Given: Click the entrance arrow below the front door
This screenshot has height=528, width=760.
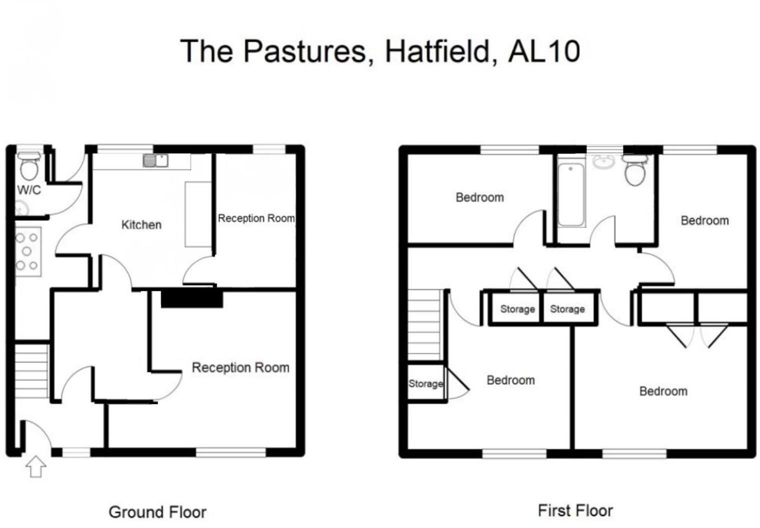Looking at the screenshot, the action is point(35,467).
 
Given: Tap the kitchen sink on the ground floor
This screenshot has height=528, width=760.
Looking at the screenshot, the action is point(155,160).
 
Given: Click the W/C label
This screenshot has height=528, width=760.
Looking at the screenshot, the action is point(29,190).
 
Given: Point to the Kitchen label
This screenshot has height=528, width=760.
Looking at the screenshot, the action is point(141,225).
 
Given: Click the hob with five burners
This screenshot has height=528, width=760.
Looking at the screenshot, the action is point(27,251).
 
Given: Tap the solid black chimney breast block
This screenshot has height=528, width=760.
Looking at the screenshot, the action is point(191,299).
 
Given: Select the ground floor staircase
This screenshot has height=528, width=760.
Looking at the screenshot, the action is point(31,370).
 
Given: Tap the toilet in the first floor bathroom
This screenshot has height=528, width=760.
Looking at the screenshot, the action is point(636,170).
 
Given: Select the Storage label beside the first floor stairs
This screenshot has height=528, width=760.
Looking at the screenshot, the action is point(425,383).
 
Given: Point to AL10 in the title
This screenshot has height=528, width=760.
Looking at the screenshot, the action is point(544,50).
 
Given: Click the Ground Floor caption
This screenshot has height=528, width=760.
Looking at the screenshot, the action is point(157,512).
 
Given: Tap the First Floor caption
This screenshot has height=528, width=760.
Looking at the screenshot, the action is point(575,510).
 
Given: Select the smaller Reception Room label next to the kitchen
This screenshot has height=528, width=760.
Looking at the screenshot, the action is point(256,218).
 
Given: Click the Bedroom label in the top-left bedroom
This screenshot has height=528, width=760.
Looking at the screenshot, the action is point(479,197).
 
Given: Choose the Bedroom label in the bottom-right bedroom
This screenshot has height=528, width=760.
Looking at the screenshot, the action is point(663,391).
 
